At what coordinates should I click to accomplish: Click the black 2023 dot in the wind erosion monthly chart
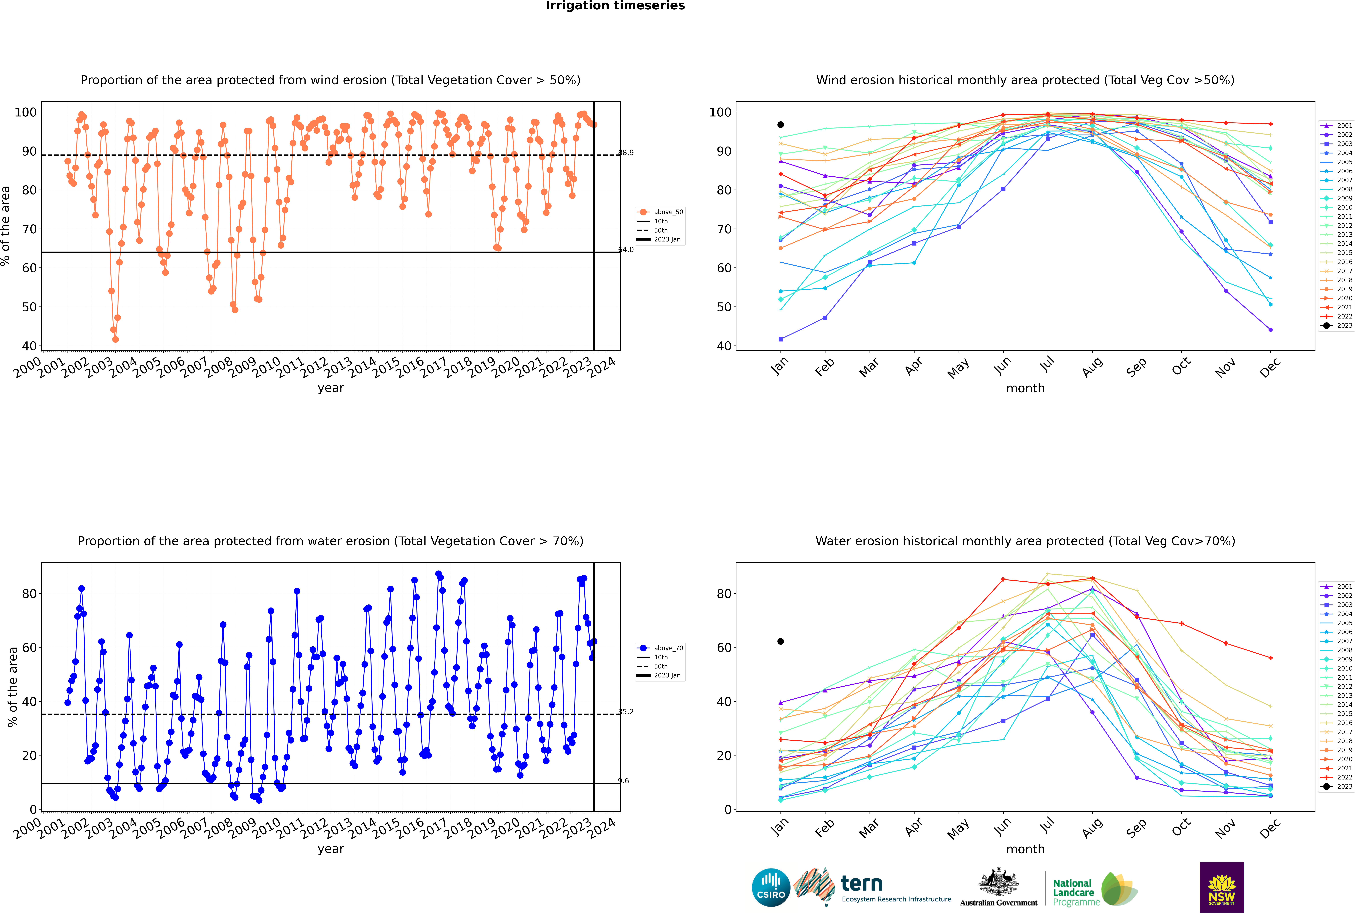pyautogui.click(x=781, y=125)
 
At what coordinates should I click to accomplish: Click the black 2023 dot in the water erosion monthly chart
pyautogui.click(x=781, y=642)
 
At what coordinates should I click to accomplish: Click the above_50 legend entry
pyautogui.click(x=660, y=212)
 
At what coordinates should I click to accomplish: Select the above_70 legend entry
pyautogui.click(x=660, y=648)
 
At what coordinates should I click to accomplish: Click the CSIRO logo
pyautogui.click(x=771, y=888)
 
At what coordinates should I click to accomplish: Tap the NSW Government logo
pyautogui.click(x=1222, y=887)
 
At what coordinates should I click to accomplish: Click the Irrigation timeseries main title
pyautogui.click(x=615, y=6)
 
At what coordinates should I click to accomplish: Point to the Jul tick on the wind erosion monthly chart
pyautogui.click(x=1047, y=364)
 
